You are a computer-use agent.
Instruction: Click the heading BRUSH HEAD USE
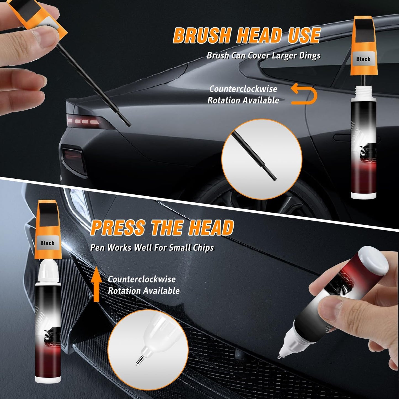click(x=246, y=36)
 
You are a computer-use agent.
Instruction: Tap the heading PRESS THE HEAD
click(x=162, y=228)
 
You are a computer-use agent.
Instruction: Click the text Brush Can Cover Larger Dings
click(x=263, y=56)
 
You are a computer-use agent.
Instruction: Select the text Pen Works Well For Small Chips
click(x=152, y=247)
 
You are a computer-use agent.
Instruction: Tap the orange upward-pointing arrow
click(x=96, y=285)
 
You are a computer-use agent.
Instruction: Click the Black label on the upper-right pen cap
click(x=363, y=59)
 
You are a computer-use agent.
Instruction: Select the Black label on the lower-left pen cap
click(x=47, y=243)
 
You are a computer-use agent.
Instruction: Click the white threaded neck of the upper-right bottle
click(x=363, y=91)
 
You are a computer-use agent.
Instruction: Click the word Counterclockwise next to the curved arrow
click(x=243, y=89)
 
